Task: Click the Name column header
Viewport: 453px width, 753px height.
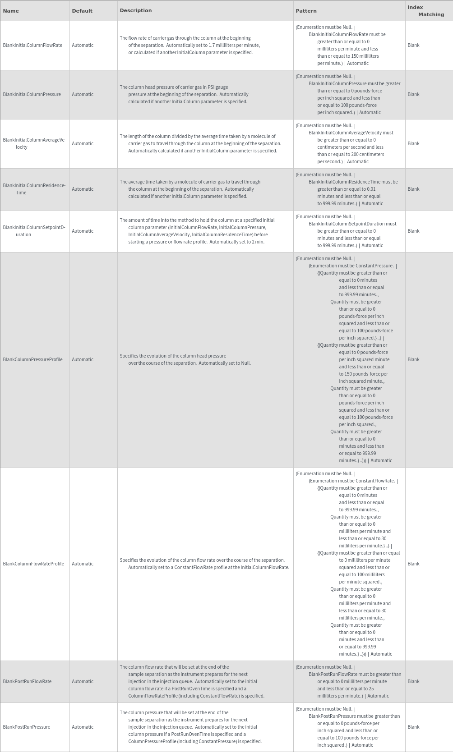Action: [x=11, y=11]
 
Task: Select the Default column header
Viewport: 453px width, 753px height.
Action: [x=82, y=11]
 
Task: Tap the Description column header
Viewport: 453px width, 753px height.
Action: [x=136, y=10]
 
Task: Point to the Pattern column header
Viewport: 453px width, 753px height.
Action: [x=306, y=11]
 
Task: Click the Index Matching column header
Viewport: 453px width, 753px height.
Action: [x=425, y=11]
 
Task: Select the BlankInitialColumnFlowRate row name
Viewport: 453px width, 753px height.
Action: [x=32, y=45]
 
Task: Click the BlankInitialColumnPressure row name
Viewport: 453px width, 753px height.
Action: [x=32, y=94]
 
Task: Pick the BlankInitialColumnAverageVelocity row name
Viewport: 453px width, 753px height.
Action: [x=34, y=143]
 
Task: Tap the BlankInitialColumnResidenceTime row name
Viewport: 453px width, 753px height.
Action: [x=34, y=189]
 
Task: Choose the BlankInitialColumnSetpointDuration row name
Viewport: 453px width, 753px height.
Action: [x=34, y=231]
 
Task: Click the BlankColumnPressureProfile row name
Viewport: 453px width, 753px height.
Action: [x=32, y=359]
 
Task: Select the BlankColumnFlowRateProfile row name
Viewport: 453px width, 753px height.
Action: [x=33, y=564]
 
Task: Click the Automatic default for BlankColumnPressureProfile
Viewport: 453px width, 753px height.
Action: [x=83, y=359]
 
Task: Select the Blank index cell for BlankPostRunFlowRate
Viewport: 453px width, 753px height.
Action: [x=413, y=681]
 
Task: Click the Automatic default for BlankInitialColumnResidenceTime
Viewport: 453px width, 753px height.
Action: [x=83, y=189]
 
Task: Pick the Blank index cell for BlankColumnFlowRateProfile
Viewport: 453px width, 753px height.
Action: [x=413, y=564]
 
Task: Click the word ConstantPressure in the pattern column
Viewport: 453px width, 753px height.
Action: [x=374, y=266]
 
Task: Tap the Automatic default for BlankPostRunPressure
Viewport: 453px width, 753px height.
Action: [x=83, y=727]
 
